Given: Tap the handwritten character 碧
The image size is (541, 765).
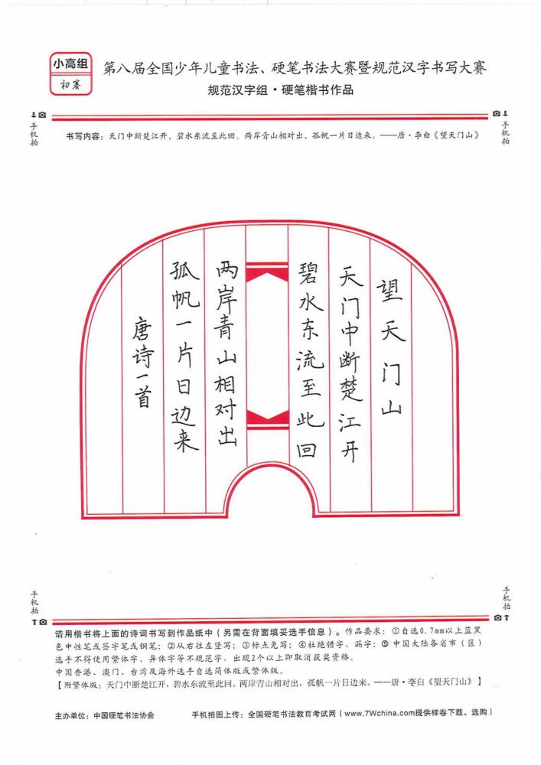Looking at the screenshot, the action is pyautogui.click(x=308, y=272).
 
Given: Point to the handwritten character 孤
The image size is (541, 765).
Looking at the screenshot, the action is pyautogui.click(x=184, y=272).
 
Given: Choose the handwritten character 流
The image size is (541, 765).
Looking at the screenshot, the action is pyautogui.click(x=309, y=357).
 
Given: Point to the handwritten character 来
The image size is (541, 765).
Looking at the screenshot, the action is pyautogui.click(x=185, y=440).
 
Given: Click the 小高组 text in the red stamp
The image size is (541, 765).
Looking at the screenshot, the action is pyautogui.click(x=70, y=63).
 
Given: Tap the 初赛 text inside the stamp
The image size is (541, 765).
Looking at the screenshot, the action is pyautogui.click(x=70, y=85).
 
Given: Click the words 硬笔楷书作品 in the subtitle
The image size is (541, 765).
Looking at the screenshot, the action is pyautogui.click(x=317, y=90).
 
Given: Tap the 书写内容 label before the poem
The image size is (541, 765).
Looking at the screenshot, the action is pyautogui.click(x=83, y=137).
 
